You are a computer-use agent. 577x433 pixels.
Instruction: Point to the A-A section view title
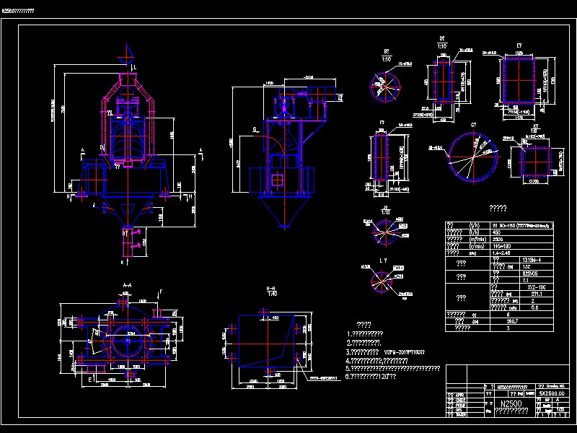pyautogui.click(x=127, y=285)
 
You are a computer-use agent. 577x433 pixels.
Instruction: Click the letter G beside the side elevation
pyautogui.click(x=255, y=130)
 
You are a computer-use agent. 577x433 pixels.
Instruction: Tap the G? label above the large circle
pyautogui.click(x=474, y=126)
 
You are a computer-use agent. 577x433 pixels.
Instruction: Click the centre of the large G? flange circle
pyautogui.click(x=474, y=157)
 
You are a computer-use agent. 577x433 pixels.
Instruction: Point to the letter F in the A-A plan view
pyautogui.click(x=161, y=292)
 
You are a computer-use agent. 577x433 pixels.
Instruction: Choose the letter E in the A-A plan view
pyautogui.click(x=89, y=378)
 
